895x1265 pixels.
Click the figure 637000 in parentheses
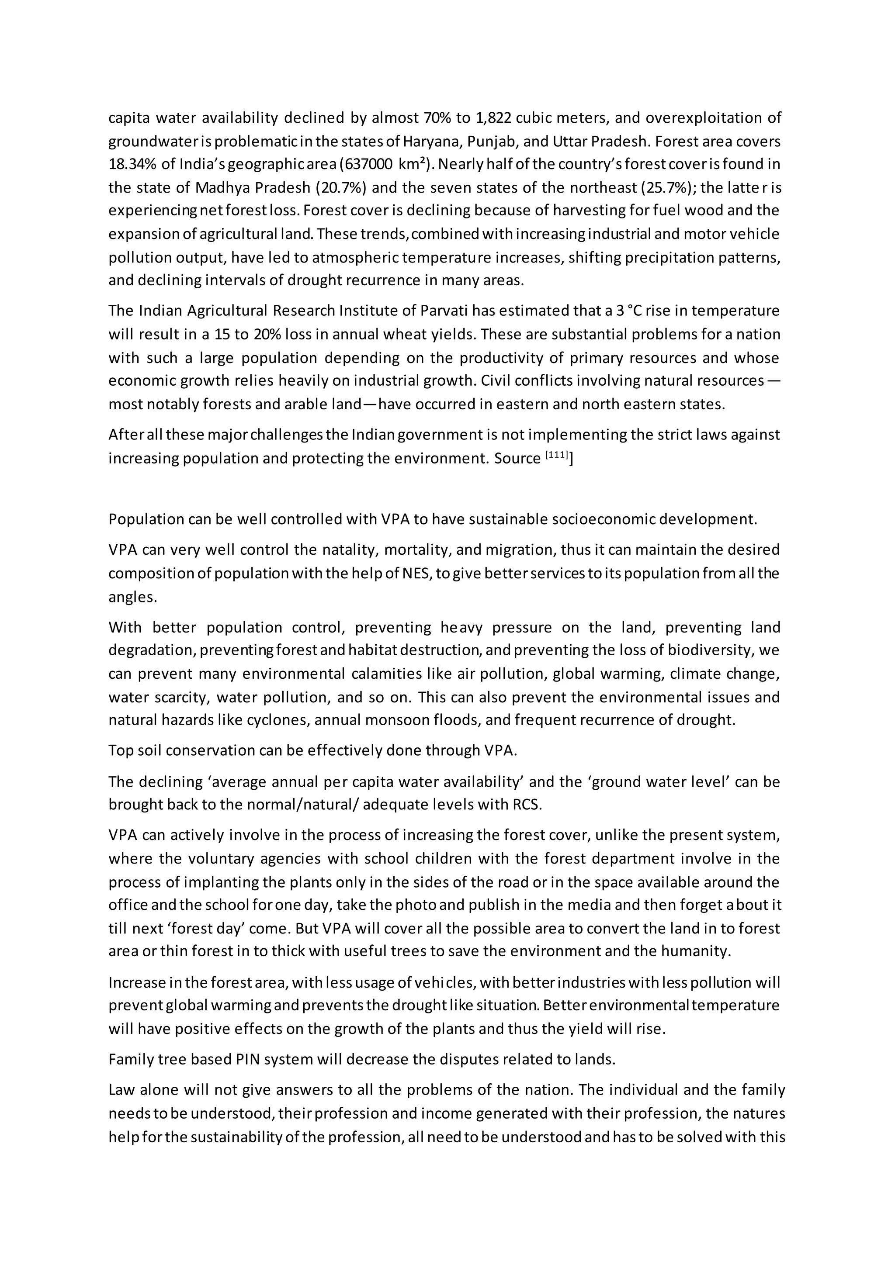coord(368,165)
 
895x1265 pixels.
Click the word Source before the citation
coord(517,458)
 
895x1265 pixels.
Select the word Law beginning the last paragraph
coord(121,1090)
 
